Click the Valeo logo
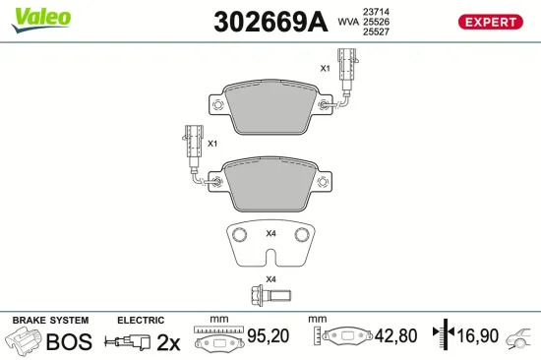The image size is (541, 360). (x=41, y=15)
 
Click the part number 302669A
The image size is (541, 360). (x=270, y=23)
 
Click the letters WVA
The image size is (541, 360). (x=348, y=20)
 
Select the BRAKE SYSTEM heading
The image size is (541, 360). (x=49, y=320)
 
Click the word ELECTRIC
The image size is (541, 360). (x=140, y=320)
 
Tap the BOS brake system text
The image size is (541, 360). (x=70, y=342)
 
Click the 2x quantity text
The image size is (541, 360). (x=170, y=342)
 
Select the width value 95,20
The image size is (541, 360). (x=269, y=337)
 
